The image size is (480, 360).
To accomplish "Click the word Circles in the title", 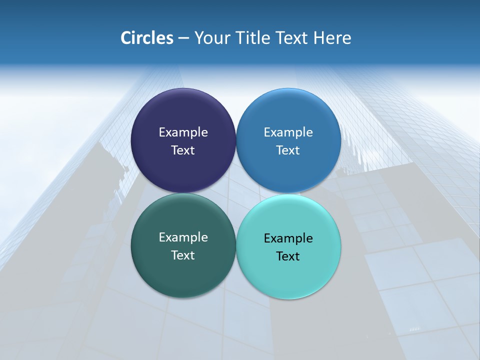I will click(x=147, y=38).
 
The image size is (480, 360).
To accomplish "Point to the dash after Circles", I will click(x=183, y=38).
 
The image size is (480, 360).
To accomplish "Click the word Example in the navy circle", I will click(x=183, y=132).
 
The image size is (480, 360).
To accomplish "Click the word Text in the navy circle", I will click(x=183, y=150).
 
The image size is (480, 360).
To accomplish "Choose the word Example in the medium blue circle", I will click(x=288, y=132).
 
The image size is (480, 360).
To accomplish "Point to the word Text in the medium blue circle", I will click(x=288, y=150).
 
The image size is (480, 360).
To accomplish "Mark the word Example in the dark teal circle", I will click(x=183, y=237).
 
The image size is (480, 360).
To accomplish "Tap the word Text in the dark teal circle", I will click(x=183, y=255).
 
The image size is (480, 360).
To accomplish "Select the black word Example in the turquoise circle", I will click(x=288, y=238).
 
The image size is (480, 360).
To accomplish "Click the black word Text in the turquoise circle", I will click(x=288, y=256).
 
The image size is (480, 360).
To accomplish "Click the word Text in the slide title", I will click(x=292, y=38).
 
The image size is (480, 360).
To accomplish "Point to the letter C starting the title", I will click(x=126, y=38).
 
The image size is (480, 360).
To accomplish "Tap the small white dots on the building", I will click(x=414, y=329).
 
